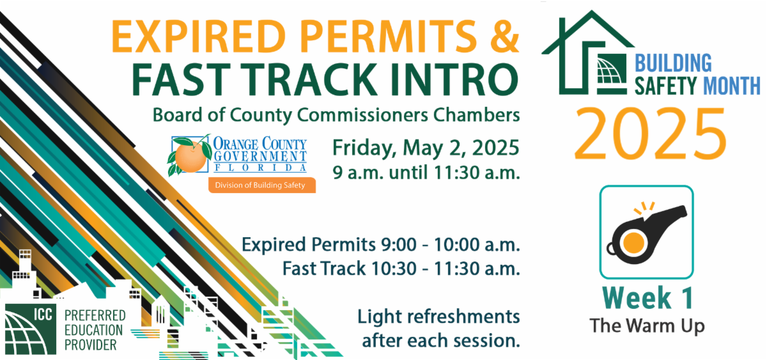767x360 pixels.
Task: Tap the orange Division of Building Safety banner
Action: pos(261,185)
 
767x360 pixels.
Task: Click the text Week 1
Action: pos(647,299)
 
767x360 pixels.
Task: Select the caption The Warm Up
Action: pos(647,325)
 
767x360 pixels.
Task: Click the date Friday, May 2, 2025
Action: pos(425,148)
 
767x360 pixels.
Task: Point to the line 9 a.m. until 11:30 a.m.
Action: pos(425,173)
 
